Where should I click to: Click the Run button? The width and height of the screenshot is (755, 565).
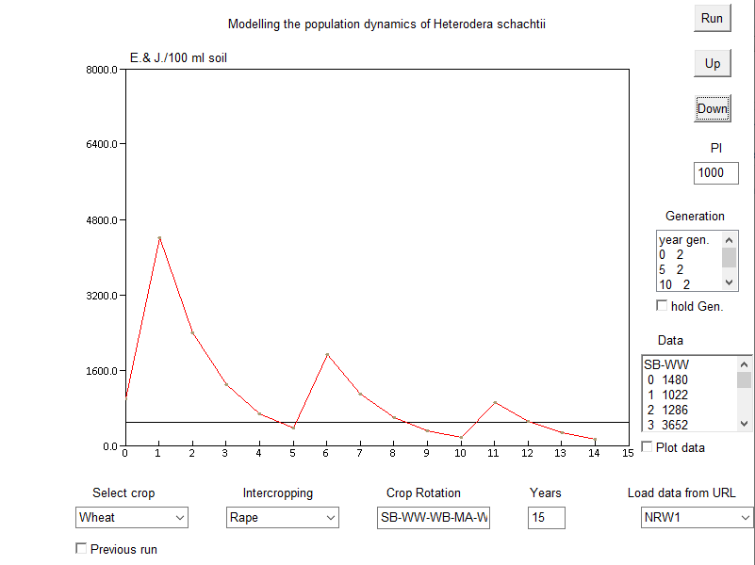(x=712, y=18)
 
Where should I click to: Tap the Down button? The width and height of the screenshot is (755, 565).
(x=712, y=108)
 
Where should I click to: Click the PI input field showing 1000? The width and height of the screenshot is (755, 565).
(x=715, y=172)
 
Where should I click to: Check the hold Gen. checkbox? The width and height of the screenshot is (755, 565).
(x=662, y=305)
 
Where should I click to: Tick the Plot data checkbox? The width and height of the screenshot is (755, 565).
(x=648, y=446)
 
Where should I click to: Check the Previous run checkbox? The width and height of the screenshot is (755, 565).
(x=81, y=548)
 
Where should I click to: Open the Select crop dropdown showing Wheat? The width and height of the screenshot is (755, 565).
(x=132, y=517)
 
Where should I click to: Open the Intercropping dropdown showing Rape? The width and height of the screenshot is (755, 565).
(x=283, y=517)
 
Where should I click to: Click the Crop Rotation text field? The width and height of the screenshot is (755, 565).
(x=434, y=517)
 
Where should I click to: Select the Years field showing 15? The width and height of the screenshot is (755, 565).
(x=547, y=517)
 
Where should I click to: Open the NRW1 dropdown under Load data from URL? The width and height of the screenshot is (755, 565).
(x=697, y=517)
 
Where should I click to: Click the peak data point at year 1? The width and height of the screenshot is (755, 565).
(x=159, y=238)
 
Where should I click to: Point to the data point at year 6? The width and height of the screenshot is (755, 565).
(x=326, y=355)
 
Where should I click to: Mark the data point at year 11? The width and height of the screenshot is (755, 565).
(x=494, y=402)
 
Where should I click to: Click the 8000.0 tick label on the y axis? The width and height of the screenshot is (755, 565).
(x=101, y=70)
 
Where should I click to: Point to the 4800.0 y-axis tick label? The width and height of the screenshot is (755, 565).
(x=101, y=220)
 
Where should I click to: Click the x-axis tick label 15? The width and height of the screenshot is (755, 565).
(x=628, y=454)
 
